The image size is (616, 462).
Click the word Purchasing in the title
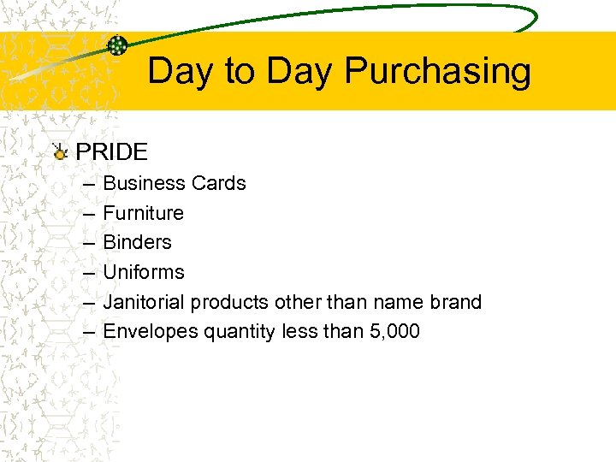pyautogui.click(x=437, y=72)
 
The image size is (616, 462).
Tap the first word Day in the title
pyautogui.click(x=181, y=72)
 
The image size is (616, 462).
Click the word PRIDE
pyautogui.click(x=112, y=152)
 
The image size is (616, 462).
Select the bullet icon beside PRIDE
pyautogui.click(x=59, y=152)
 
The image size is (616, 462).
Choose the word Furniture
pyautogui.click(x=143, y=213)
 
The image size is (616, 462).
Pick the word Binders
pyautogui.click(x=137, y=242)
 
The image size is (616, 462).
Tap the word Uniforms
pyautogui.click(x=143, y=272)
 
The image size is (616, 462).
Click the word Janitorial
pyautogui.click(x=144, y=302)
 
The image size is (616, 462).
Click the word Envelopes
pyautogui.click(x=151, y=332)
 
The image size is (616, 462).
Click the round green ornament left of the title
pyautogui.click(x=117, y=45)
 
